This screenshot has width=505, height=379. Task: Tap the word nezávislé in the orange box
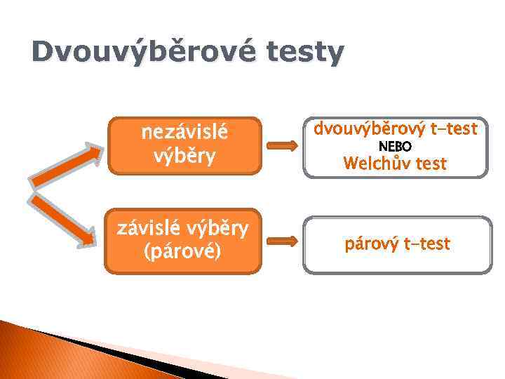click(x=185, y=131)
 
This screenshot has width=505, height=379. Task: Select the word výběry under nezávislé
click(x=185, y=155)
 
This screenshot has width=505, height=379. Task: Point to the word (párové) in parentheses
click(x=182, y=251)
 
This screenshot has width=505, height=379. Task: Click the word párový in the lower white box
click(x=372, y=244)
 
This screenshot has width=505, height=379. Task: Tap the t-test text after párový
click(x=427, y=244)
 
